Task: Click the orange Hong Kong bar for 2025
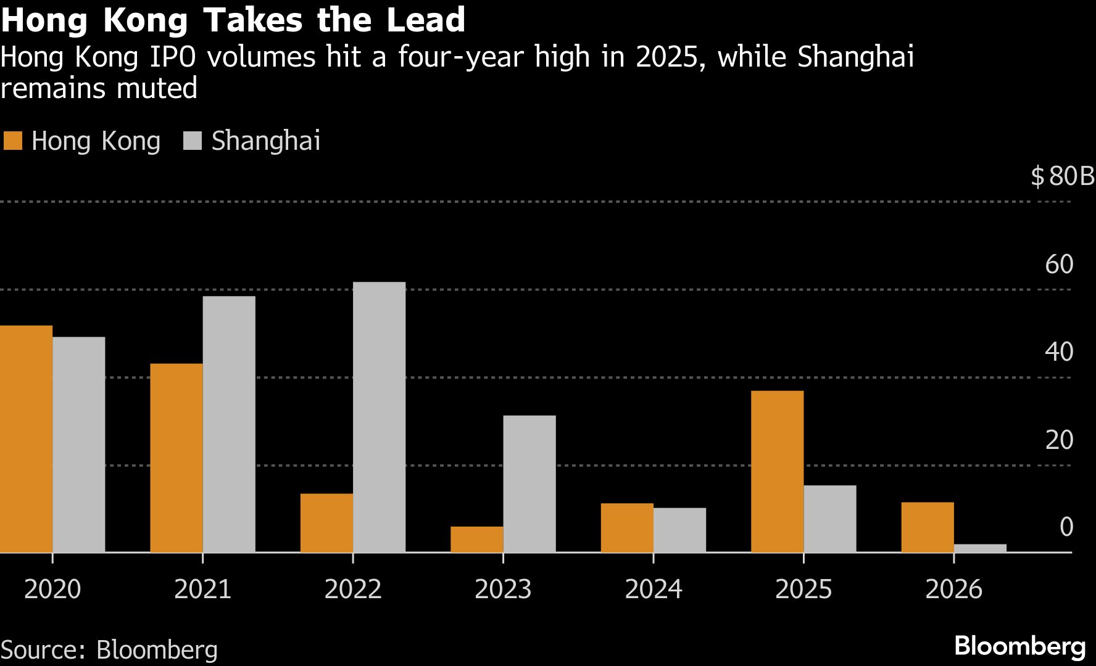(777, 471)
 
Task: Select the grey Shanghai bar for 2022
(379, 417)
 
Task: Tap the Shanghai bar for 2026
(980, 548)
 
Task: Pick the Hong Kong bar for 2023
(476, 539)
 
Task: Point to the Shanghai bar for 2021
(229, 424)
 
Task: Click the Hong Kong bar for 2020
(26, 438)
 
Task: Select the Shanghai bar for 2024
(679, 530)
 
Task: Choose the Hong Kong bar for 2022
(326, 522)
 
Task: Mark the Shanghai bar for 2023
(529, 483)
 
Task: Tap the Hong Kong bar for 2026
(927, 527)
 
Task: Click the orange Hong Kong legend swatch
(12, 141)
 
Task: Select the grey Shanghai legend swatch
(193, 141)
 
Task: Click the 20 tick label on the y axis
(1059, 440)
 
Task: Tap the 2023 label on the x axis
(503, 589)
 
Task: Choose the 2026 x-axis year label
(953, 589)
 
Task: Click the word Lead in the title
(425, 20)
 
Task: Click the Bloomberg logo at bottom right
(1019, 646)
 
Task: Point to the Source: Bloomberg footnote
(109, 650)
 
